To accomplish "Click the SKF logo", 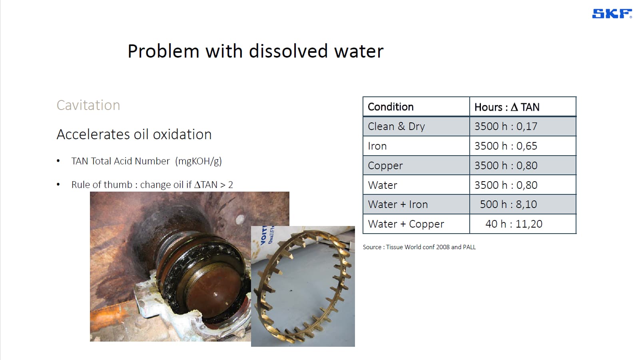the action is (x=612, y=14).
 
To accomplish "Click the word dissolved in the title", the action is (x=288, y=51).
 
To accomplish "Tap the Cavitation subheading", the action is (x=88, y=105).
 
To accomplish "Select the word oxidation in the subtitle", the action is (x=182, y=134).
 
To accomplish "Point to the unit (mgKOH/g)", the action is (x=199, y=161).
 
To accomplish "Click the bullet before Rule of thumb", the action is (x=58, y=184).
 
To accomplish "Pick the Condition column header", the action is (x=391, y=107).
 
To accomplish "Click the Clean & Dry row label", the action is (x=396, y=126).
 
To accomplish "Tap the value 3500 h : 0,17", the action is (x=506, y=126).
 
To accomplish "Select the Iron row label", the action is (x=377, y=146).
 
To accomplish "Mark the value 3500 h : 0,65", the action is (x=506, y=146).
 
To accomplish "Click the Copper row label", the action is (x=385, y=166).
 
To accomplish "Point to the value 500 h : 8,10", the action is (x=508, y=204).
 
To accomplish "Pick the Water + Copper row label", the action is (x=406, y=224).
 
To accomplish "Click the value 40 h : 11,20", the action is (x=514, y=224).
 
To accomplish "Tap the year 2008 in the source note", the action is (x=443, y=247).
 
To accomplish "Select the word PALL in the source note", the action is (x=469, y=247).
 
